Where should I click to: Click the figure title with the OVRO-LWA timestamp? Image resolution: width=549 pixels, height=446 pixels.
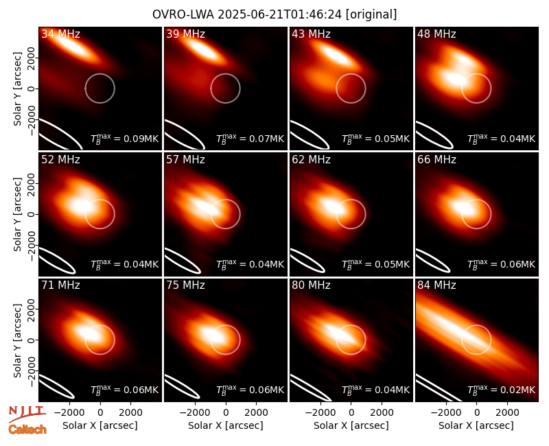pos(274,14)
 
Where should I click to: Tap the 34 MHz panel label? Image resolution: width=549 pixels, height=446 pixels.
pos(60,34)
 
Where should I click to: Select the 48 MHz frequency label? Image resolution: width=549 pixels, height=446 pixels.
pos(436,34)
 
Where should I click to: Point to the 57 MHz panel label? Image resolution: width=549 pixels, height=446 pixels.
pos(185,160)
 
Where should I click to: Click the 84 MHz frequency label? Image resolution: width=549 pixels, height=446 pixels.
pos(436,285)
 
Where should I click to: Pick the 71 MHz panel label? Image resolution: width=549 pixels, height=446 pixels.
pos(60,285)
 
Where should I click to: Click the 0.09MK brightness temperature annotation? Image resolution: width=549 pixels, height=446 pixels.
pos(125,139)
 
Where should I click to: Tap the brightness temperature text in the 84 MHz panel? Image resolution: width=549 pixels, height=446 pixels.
pos(502,389)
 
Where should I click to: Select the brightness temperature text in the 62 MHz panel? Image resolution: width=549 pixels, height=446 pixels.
pos(375,263)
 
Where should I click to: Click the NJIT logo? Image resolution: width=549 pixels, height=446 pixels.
pos(26,413)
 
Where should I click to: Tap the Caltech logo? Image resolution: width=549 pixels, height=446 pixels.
pos(27,430)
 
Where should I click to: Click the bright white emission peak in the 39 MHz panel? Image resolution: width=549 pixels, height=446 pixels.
pos(203,49)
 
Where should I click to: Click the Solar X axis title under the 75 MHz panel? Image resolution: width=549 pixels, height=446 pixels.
pos(226,425)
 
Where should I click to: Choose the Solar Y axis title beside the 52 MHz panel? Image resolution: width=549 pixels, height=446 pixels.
pos(18,214)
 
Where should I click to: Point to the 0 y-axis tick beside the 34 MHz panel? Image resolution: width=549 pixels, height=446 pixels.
pos(32,89)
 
